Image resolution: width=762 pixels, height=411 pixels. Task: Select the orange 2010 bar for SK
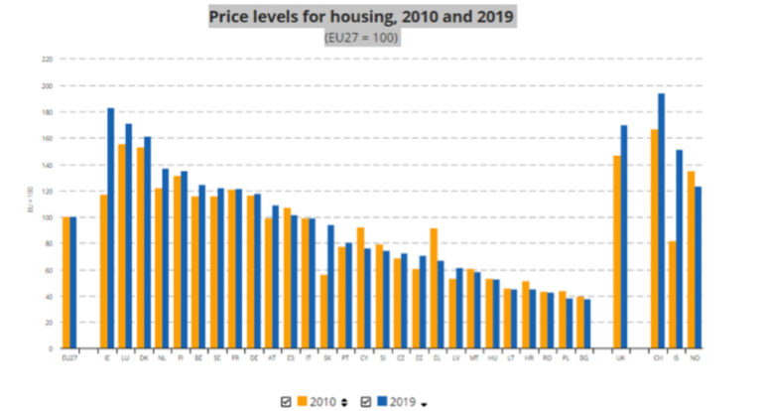323,312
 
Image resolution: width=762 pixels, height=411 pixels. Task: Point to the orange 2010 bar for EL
434,289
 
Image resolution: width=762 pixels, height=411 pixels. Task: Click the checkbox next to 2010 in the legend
286,401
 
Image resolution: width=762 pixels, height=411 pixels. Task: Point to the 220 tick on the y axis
47,59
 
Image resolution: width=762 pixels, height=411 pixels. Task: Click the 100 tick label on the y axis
47,217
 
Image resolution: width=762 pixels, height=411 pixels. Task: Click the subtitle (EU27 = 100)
361,37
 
